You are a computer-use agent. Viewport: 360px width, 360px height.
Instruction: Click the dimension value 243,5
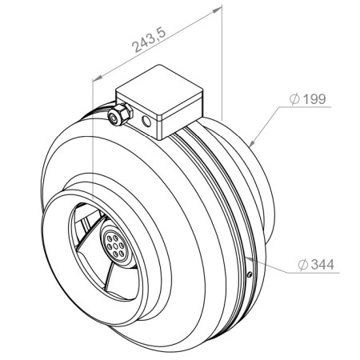click(150, 40)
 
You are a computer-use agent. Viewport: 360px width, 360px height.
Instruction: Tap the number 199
click(314, 99)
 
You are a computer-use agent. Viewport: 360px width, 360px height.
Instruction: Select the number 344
click(322, 265)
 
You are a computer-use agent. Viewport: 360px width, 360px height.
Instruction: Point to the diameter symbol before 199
click(294, 99)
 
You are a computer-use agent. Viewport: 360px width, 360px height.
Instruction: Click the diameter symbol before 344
click(303, 265)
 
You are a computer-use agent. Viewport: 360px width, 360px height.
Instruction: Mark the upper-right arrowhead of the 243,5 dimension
click(218, 10)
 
